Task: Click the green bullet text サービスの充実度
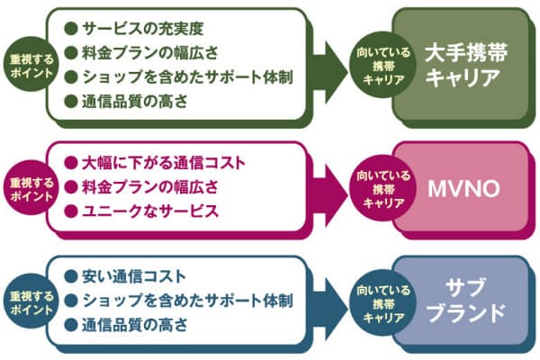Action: tap(143, 29)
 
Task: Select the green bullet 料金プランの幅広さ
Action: tap(150, 53)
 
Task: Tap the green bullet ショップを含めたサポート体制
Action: tap(188, 77)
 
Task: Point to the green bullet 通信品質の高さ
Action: tap(135, 102)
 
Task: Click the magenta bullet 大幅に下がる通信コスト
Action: tap(164, 163)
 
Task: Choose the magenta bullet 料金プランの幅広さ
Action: tap(150, 187)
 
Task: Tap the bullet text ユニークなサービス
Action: tap(150, 211)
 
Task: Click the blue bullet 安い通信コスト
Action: tap(134, 276)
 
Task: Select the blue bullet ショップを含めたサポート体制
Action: tap(188, 301)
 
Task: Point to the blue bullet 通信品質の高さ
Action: tap(135, 325)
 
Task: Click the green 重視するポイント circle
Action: tap(31, 65)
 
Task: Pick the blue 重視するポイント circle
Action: tap(31, 302)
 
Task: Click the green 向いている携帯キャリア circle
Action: tap(382, 66)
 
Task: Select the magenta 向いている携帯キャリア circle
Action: tap(382, 189)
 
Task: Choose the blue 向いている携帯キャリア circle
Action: tap(382, 303)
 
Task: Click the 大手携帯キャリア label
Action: tap(466, 65)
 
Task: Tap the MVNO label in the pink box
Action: tap(463, 189)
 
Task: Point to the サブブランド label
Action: tap(466, 300)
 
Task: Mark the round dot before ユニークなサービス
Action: tap(71, 211)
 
